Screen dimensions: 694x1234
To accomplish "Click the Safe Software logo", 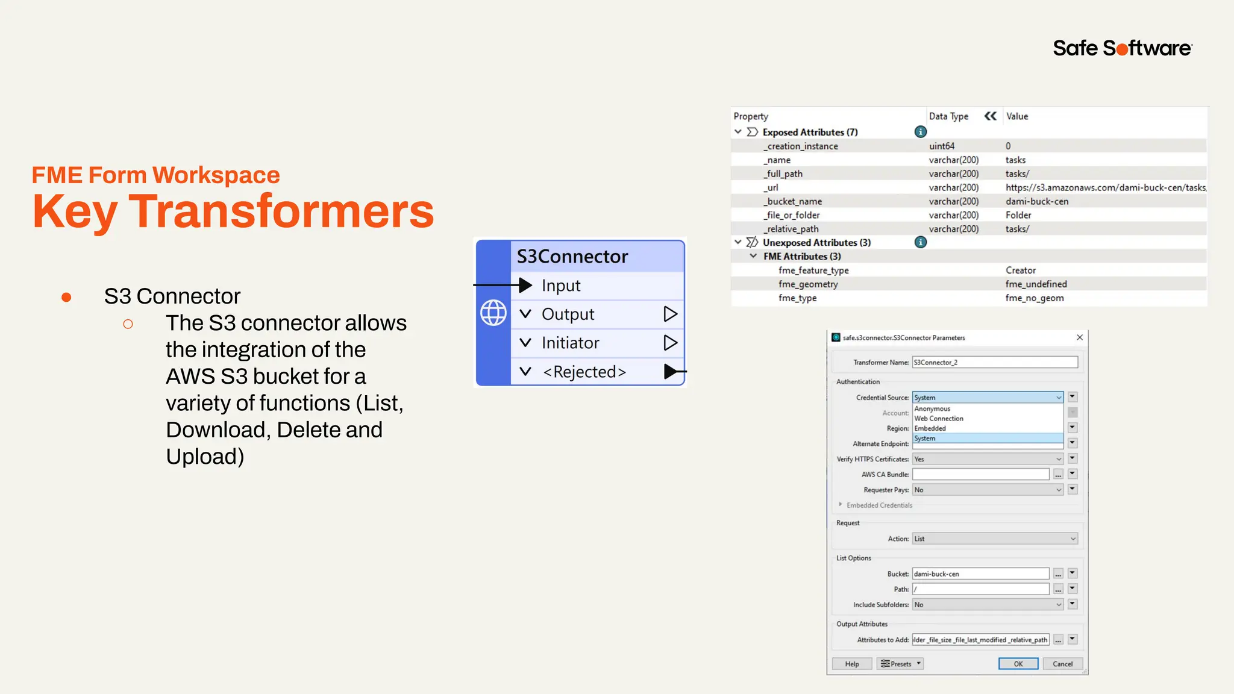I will pyautogui.click(x=1122, y=48).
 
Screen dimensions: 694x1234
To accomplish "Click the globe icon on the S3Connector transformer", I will pyautogui.click(x=493, y=313).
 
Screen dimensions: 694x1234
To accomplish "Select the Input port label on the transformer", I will pyautogui.click(x=561, y=286).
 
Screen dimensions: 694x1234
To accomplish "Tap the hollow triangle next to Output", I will pyautogui.click(x=670, y=314).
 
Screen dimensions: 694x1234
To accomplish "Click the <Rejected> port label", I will pyautogui.click(x=584, y=372).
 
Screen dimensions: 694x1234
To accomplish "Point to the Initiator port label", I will pyautogui.click(x=570, y=343).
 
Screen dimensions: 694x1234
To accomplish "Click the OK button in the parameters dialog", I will pyautogui.click(x=1018, y=664).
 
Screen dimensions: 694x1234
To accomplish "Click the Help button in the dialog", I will pyautogui.click(x=851, y=664).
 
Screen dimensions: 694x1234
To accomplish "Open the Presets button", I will pyautogui.click(x=900, y=664).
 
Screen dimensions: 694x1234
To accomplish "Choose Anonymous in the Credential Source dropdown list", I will pyautogui.click(x=932, y=408).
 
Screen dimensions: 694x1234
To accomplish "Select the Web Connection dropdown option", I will pyautogui.click(x=939, y=419).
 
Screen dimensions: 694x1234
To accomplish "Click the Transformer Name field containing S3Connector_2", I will pyautogui.click(x=994, y=362).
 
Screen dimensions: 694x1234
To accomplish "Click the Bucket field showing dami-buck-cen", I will pyautogui.click(x=980, y=574).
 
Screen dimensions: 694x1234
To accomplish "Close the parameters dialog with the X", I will pyautogui.click(x=1080, y=337).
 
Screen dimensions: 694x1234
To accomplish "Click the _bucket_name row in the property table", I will pyautogui.click(x=794, y=201).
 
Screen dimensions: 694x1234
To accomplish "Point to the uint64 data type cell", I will pyautogui.click(x=942, y=146).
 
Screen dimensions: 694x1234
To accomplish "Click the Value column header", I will pyautogui.click(x=1017, y=116).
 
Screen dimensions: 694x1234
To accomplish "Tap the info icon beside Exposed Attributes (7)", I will pyautogui.click(x=920, y=132).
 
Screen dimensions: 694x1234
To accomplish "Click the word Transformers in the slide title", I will pyautogui.click(x=281, y=211).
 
